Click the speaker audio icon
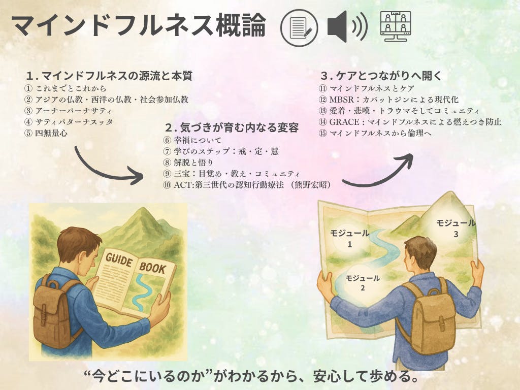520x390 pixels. [347, 26]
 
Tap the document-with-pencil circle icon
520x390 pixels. [299, 27]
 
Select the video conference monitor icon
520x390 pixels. [395, 26]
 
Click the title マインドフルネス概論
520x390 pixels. [139, 26]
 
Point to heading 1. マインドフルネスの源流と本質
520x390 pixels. [109, 76]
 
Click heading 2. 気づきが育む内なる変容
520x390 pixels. [232, 127]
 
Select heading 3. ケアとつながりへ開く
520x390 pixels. [381, 76]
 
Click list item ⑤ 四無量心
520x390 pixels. [46, 134]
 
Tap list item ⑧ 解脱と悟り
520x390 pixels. [188, 162]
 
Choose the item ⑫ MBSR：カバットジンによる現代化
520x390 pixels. [388, 100]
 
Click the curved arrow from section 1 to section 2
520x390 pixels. [100, 173]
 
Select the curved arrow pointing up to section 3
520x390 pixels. [381, 177]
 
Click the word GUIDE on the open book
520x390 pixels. [119, 259]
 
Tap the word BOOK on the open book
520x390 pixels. [152, 267]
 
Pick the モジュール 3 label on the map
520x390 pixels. [456, 228]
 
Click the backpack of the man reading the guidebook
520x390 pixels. [55, 310]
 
